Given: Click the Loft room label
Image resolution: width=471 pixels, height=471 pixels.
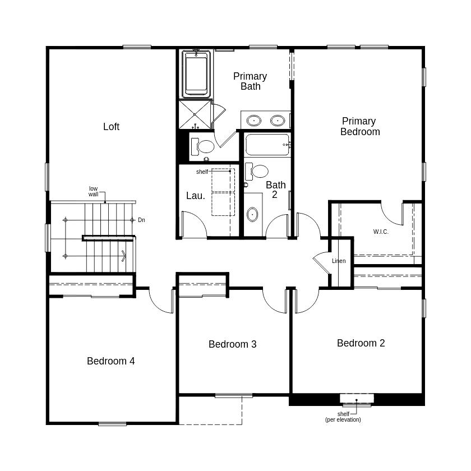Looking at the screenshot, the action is [111, 127].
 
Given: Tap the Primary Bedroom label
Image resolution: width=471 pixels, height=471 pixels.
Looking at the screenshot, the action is [360, 127].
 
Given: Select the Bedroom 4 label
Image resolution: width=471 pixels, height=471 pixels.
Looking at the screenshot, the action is [111, 361].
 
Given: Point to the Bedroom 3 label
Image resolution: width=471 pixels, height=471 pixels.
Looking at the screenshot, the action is [233, 344].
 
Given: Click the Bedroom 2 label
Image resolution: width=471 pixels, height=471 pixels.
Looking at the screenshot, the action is [361, 343].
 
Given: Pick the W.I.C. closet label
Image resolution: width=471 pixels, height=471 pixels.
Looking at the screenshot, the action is [381, 232].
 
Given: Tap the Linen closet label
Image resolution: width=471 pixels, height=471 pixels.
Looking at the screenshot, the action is [339, 261].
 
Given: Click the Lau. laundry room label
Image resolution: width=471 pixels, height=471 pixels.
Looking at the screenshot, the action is [196, 196].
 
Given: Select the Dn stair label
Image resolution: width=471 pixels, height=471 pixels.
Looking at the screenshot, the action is [141, 220].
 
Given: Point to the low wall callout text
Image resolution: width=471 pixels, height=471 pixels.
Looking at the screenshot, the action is [94, 191].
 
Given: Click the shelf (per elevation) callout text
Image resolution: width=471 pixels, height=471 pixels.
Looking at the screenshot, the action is [343, 417].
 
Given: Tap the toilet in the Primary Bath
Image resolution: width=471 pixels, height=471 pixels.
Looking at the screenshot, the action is [203, 146].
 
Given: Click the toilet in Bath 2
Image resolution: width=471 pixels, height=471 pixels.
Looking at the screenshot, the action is [257, 172].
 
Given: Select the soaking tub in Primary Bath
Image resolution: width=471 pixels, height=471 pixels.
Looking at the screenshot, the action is [196, 74].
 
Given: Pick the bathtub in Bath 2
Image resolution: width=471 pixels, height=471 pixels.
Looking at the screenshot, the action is [267, 145].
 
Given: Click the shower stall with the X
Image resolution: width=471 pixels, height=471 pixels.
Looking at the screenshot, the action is [195, 114].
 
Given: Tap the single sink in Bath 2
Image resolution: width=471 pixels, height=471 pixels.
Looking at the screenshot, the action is [252, 214].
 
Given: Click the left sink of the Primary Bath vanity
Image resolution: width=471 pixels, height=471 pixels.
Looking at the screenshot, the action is [254, 121].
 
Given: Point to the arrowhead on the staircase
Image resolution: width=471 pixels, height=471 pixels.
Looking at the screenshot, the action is [124, 256].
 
